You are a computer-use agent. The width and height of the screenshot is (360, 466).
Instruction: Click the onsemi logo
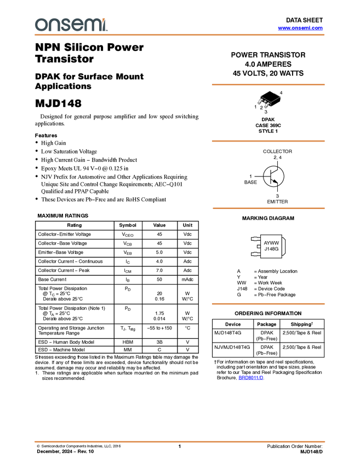tap(71, 25)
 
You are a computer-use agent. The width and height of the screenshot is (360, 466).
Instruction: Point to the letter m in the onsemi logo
tap(92, 25)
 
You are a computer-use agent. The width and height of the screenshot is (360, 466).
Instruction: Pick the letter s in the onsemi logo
tap(66, 25)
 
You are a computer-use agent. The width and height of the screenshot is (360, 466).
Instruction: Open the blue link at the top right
tap(300, 28)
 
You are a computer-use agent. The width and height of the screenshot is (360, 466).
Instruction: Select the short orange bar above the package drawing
tap(268, 84)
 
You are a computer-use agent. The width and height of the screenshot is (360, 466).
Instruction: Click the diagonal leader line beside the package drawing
tap(275, 100)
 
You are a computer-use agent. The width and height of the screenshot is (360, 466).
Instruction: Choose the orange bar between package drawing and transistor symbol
tap(268, 141)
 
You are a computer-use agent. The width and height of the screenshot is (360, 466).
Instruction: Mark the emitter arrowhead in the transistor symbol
tap(276, 181)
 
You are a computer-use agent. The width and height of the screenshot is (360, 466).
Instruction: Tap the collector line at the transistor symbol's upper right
tap(278, 168)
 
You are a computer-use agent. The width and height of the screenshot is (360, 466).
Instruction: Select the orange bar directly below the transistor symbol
tap(268, 208)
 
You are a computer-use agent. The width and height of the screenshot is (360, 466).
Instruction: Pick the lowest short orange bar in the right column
tap(268, 304)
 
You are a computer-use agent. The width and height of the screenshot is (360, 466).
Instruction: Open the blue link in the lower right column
tap(251, 378)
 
